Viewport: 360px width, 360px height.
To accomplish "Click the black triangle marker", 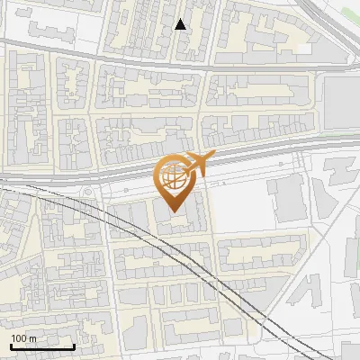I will pyautogui.click(x=181, y=24).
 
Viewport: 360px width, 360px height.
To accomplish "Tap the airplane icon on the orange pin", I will pyautogui.click(x=197, y=164).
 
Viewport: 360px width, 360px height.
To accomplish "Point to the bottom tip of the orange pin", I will pyautogui.click(x=174, y=212).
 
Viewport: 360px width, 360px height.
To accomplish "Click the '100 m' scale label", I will pyautogui.click(x=24, y=338).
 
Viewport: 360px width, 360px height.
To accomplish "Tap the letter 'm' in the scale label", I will pyautogui.click(x=32, y=338).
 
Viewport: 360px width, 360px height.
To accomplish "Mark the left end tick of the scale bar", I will pyautogui.click(x=10, y=345).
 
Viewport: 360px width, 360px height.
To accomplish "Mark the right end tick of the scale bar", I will pyautogui.click(x=74, y=345).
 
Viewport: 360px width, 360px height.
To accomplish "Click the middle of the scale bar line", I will pyautogui.click(x=42, y=346).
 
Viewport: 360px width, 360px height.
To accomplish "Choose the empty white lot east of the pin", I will pyautogui.click(x=243, y=207).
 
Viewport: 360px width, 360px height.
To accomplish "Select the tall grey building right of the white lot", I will pyautogui.click(x=288, y=199).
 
